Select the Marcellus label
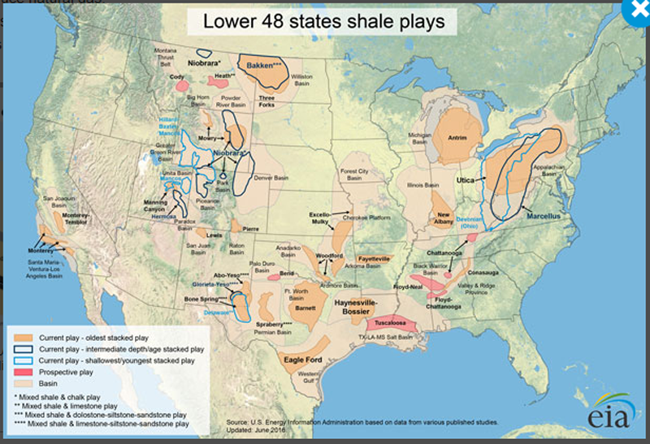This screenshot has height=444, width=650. (x=543, y=217)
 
